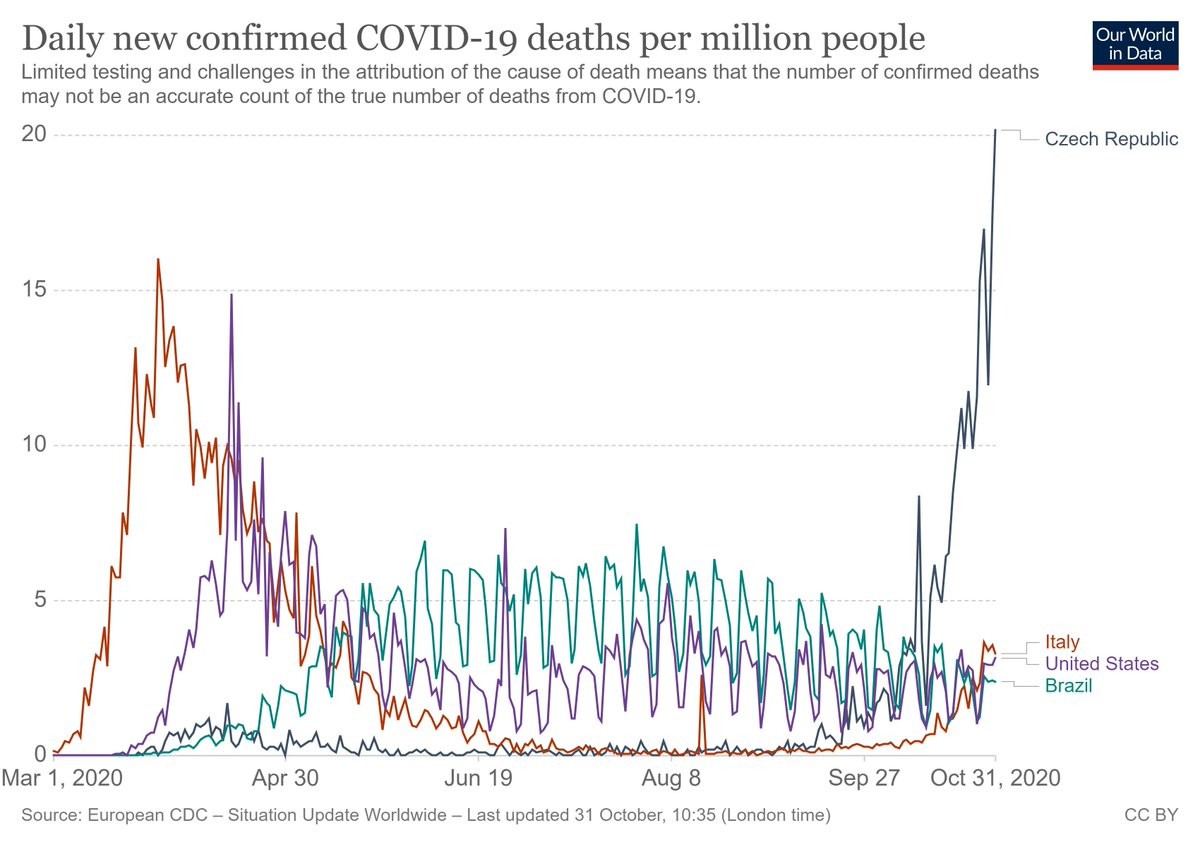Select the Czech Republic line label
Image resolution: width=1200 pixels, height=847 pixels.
[x=1111, y=139]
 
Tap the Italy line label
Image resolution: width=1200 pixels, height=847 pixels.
[x=1062, y=642]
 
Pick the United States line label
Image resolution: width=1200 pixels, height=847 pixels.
[x=1102, y=664]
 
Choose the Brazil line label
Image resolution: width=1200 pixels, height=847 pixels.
[x=1068, y=686]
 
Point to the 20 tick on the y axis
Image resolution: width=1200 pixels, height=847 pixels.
[x=35, y=135]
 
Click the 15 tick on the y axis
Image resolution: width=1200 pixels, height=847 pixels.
[x=35, y=290]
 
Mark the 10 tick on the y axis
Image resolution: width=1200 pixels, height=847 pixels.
[x=35, y=445]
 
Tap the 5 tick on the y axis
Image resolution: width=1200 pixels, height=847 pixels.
[x=41, y=600]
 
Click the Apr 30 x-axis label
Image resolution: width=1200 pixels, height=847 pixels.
[x=285, y=778]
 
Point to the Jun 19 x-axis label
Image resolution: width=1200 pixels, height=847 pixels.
[x=478, y=778]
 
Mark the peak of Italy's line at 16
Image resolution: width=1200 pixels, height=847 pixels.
[x=158, y=259]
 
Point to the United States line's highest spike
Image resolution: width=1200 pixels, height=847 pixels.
[x=231, y=295]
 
